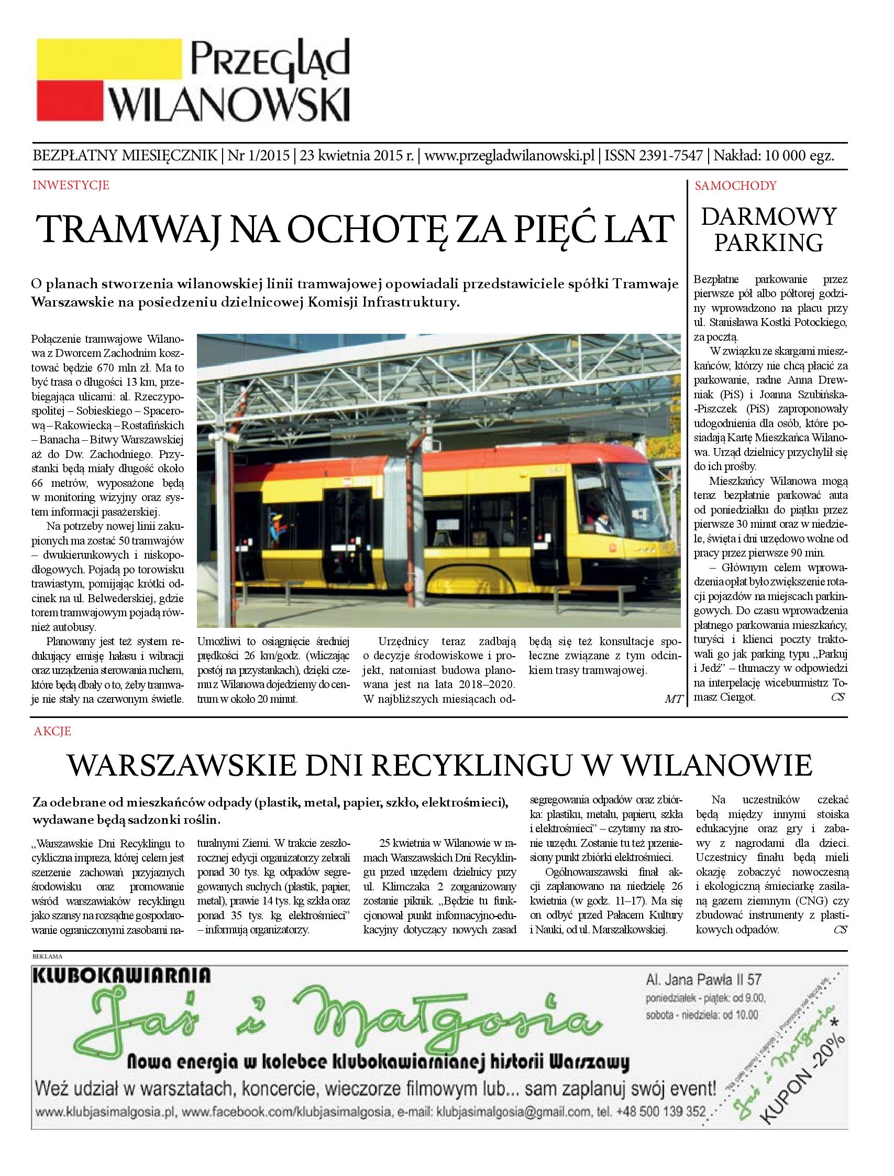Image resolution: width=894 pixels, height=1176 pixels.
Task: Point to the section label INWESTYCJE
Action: (x=71, y=186)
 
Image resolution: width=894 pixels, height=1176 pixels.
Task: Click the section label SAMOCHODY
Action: (x=736, y=186)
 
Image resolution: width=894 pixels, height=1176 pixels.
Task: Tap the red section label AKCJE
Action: (x=52, y=732)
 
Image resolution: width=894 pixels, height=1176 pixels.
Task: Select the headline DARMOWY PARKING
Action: (x=768, y=230)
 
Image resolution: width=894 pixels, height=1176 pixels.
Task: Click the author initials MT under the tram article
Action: (x=673, y=699)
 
